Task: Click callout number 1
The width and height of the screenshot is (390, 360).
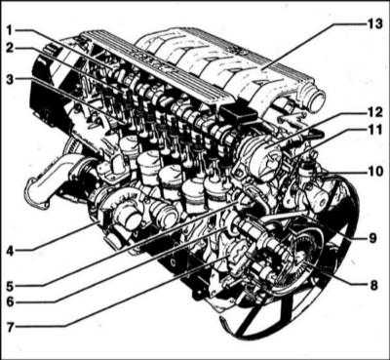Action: click(x=10, y=30)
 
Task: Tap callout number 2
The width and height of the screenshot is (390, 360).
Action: click(x=10, y=48)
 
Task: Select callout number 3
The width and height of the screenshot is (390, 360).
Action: click(x=10, y=79)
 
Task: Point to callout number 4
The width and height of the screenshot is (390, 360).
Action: click(x=11, y=251)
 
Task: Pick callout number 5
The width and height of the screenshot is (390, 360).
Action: click(x=11, y=287)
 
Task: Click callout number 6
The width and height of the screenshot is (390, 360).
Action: click(x=11, y=301)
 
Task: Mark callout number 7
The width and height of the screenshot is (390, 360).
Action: click(x=11, y=327)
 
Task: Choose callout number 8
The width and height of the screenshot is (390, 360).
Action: click(x=373, y=285)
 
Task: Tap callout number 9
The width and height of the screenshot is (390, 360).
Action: click(x=372, y=238)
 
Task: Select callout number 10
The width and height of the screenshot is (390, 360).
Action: click(x=376, y=172)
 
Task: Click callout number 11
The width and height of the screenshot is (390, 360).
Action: click(x=374, y=130)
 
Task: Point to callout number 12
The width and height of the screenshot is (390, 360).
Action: click(x=375, y=112)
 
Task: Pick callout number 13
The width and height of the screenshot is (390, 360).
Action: click(x=375, y=24)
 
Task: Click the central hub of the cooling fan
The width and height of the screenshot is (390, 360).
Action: click(x=294, y=257)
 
